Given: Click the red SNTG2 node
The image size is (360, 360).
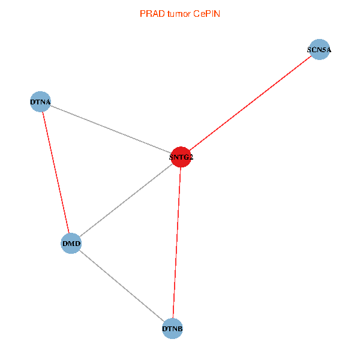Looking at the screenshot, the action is pyautogui.click(x=181, y=157).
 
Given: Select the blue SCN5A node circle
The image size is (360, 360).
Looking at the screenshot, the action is pyautogui.click(x=319, y=50).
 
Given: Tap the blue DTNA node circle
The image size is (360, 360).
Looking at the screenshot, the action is pyautogui.click(x=40, y=101).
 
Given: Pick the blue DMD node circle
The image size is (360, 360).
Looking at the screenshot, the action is pyautogui.click(x=71, y=244).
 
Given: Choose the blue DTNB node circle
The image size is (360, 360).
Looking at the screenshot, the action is pyautogui.click(x=172, y=329).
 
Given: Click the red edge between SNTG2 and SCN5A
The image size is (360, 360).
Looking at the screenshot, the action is pyautogui.click(x=250, y=104).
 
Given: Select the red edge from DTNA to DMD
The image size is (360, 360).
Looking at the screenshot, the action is pyautogui.click(x=56, y=173).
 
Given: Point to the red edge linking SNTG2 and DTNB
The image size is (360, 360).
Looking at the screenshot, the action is pyautogui.click(x=176, y=243).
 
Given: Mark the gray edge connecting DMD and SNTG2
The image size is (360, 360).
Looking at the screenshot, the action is pyautogui.click(x=126, y=200).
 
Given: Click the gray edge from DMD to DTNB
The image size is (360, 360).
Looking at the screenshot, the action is pyautogui.click(x=122, y=286).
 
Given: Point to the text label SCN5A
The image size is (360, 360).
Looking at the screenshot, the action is pyautogui.click(x=319, y=50).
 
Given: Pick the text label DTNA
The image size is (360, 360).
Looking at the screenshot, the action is pyautogui.click(x=40, y=102).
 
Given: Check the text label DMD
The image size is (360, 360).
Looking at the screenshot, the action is pyautogui.click(x=71, y=244).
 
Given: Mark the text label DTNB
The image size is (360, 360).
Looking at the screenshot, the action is pyautogui.click(x=172, y=329).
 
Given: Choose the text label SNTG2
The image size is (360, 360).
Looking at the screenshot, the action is pyautogui.click(x=181, y=158).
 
